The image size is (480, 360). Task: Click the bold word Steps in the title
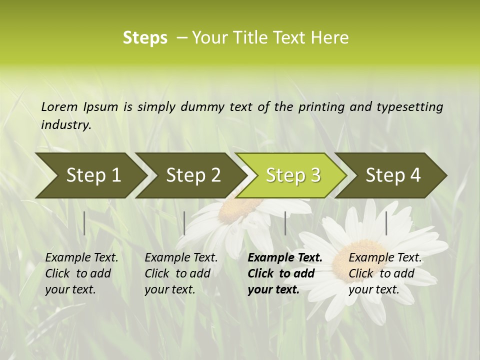tap(145, 38)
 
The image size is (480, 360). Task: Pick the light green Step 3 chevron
tap(293, 175)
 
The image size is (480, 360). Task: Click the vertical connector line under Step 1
tap(84, 223)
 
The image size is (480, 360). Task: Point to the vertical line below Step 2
tap(184, 223)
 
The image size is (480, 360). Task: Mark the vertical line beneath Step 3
tap(285, 223)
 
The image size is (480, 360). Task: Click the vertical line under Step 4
tap(386, 223)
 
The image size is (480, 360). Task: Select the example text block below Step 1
tap(81, 273)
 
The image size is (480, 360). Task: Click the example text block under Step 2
tap(181, 273)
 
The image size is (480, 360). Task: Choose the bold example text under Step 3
tap(284, 273)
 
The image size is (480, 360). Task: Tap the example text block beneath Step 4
tap(385, 273)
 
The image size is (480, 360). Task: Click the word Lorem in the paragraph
tap(59, 106)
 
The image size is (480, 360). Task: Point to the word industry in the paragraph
tap(65, 124)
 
